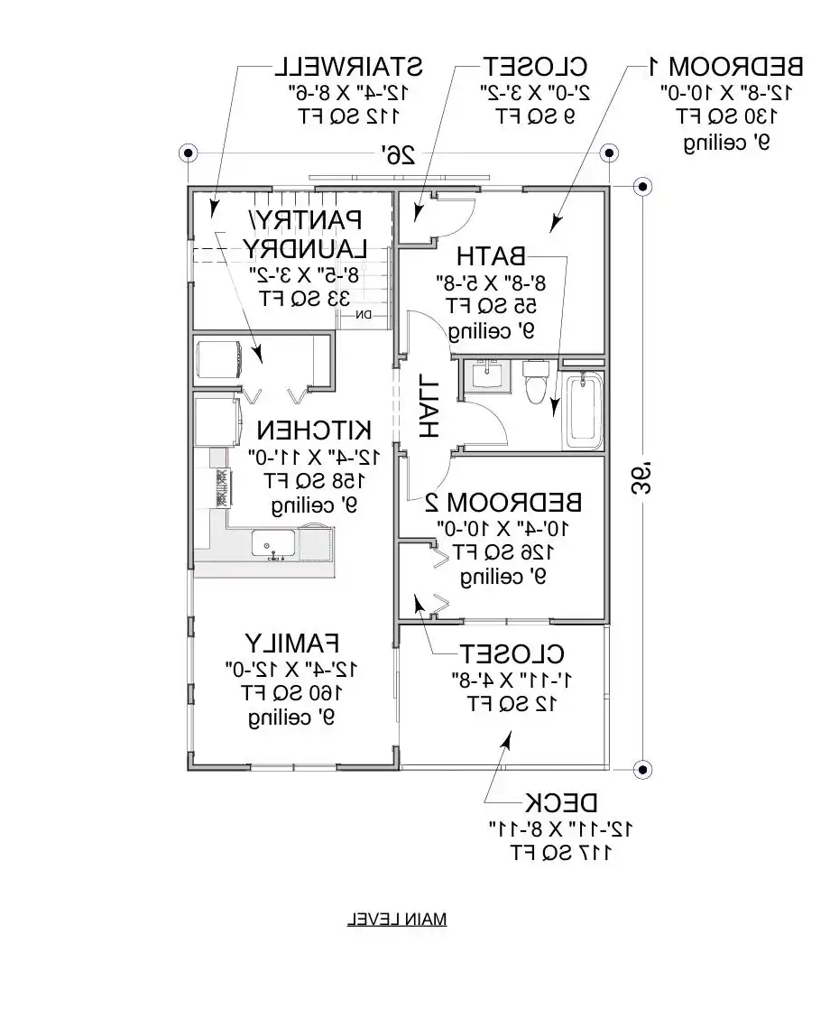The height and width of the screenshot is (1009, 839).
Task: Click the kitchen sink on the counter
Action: pos(272,544)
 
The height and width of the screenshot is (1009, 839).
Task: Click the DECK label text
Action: pos(562,802)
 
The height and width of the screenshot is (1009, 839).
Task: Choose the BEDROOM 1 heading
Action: pos(725,66)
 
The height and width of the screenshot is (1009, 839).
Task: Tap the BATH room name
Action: pos(492,255)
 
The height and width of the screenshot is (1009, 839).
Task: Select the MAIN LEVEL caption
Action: pos(396,920)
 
